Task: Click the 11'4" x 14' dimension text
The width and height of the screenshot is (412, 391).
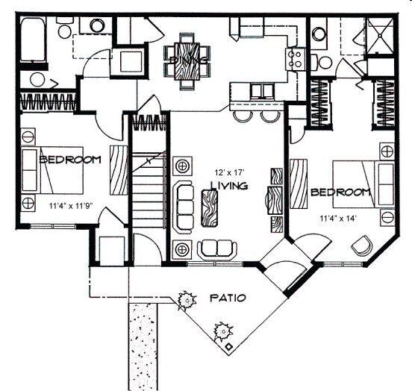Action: [x=340, y=219]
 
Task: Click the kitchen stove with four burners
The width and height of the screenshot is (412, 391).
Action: [x=296, y=57]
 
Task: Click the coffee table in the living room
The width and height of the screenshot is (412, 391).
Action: [x=210, y=207]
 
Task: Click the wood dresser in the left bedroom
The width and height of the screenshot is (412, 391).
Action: [x=119, y=170]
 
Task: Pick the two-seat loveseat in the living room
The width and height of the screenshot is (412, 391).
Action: [x=217, y=248]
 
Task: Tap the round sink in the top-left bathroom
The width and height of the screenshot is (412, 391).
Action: [x=96, y=26]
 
